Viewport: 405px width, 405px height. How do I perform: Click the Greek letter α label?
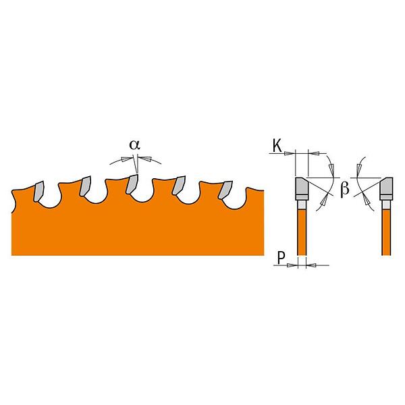[x=134, y=145]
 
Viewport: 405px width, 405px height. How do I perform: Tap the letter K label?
[x=277, y=146]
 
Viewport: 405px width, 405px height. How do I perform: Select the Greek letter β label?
[x=345, y=189]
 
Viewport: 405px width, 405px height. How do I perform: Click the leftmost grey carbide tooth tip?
[x=38, y=191]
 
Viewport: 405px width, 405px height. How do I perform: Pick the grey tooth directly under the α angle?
[x=132, y=184]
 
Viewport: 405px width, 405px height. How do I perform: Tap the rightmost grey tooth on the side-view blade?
[x=225, y=190]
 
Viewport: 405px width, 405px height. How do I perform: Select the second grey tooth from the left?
[x=85, y=186]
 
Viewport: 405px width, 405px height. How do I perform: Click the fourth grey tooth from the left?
[x=179, y=185]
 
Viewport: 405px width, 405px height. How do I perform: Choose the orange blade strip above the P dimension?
[x=302, y=232]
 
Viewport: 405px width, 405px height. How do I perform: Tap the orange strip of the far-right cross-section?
[x=386, y=232]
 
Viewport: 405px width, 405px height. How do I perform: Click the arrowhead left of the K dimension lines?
[x=290, y=153]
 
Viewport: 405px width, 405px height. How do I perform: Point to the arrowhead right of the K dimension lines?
[x=314, y=153]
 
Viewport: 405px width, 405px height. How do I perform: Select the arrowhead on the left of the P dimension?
[x=292, y=265]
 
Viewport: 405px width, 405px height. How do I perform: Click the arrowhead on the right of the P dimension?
[x=311, y=265]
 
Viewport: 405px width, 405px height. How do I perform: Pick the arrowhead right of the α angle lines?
[x=145, y=159]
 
